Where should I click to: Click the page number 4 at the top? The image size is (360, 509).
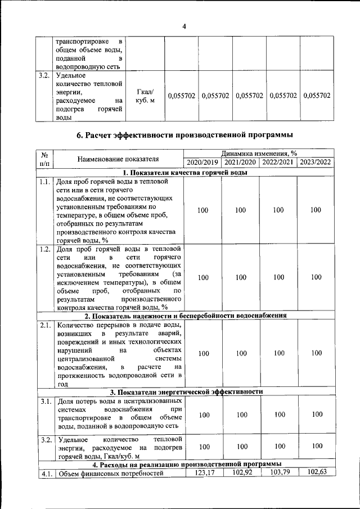pos(183,25)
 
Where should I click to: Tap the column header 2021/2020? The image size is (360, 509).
pos(241,163)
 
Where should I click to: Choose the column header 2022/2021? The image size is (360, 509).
pos(278,163)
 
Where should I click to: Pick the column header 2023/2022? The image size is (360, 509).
pos(316,163)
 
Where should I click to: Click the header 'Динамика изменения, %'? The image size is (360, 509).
pos(259,153)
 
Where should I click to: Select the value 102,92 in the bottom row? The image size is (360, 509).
pos(241,472)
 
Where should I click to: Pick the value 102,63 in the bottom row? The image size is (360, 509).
pos(316,472)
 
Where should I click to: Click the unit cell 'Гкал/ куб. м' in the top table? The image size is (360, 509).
pos(145,96)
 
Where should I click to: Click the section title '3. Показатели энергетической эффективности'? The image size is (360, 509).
pos(186,391)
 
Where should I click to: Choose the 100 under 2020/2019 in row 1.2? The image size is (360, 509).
pos(204,277)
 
